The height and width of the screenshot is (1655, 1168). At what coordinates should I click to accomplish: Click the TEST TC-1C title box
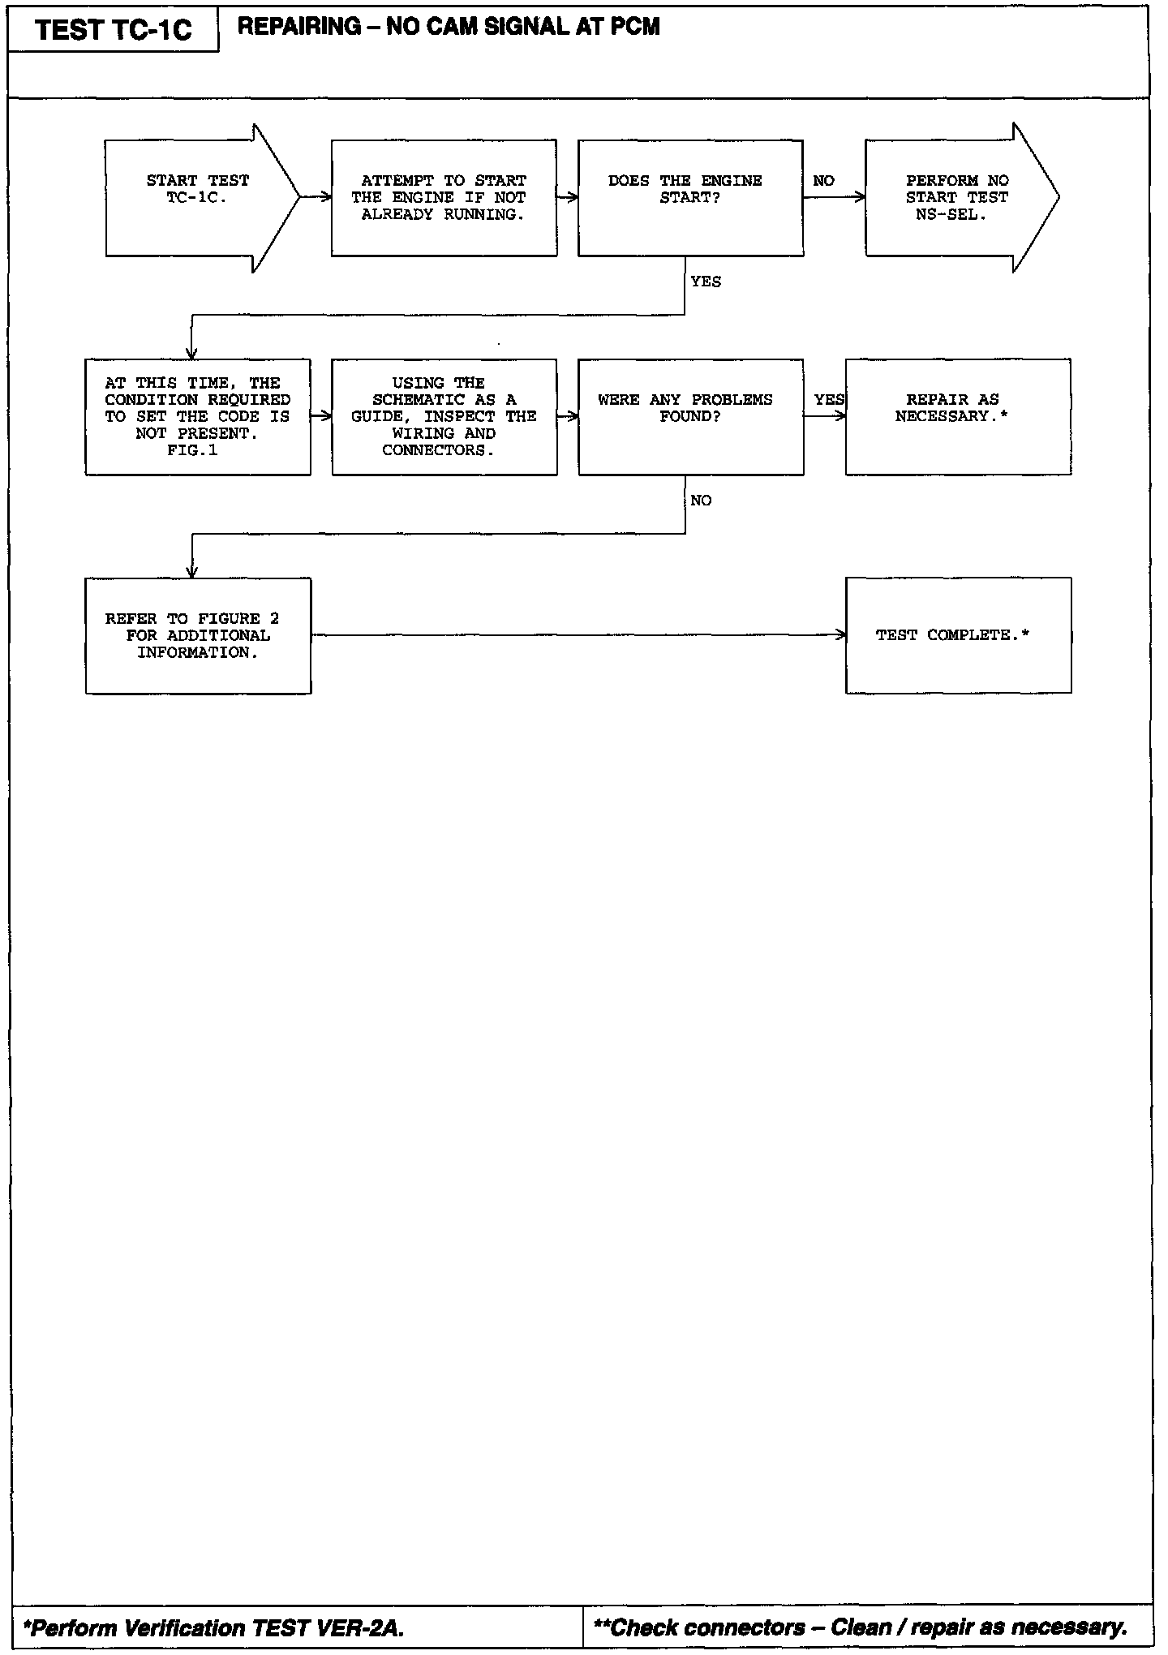point(114,30)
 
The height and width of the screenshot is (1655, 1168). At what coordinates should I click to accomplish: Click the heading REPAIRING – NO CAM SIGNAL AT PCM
point(449,27)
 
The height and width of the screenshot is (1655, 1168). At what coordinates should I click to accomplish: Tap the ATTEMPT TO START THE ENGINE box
point(444,198)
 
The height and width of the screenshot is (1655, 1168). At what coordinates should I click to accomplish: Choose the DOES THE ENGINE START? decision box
point(690,198)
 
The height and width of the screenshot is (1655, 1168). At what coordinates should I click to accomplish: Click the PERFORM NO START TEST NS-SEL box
point(957,198)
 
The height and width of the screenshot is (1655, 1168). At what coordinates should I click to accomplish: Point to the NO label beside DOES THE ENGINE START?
point(823,181)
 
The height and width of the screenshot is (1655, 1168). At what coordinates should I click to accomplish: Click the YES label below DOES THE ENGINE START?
point(706,282)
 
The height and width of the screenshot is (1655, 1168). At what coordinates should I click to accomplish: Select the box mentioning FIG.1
point(197,417)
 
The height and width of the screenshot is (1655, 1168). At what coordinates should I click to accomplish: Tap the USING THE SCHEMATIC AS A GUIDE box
point(444,417)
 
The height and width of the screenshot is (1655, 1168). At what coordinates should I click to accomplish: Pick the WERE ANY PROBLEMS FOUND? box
point(690,417)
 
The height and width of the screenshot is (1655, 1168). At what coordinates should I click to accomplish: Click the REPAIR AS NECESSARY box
point(958,417)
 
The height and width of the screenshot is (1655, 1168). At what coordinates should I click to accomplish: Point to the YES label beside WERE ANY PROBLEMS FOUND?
point(829,400)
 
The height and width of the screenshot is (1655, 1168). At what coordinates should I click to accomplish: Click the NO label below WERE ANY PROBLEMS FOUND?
point(701,501)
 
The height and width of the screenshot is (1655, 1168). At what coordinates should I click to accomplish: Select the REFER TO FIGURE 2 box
point(197,636)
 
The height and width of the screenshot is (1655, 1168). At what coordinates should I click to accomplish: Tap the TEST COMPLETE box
point(958,636)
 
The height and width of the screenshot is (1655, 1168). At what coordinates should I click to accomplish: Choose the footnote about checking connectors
point(861,1627)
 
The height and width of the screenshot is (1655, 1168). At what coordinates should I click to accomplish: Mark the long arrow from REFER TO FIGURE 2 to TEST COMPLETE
point(578,635)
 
